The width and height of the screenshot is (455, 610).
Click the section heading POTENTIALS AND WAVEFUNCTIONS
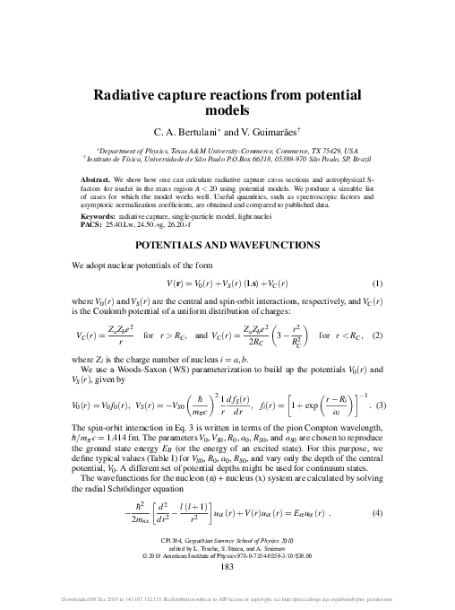pos(227,245)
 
